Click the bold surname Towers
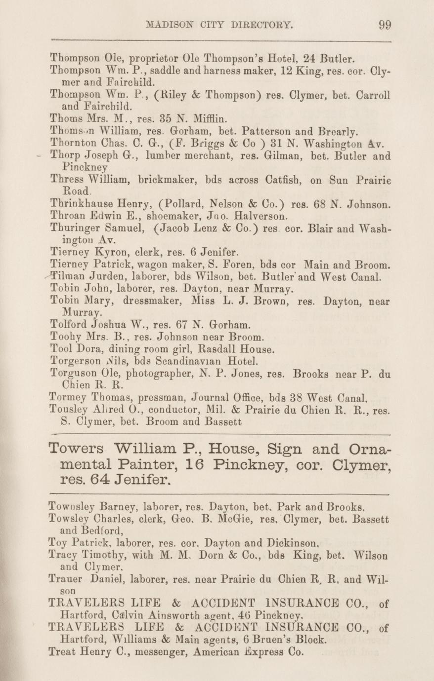point(77,450)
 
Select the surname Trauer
point(68,578)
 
